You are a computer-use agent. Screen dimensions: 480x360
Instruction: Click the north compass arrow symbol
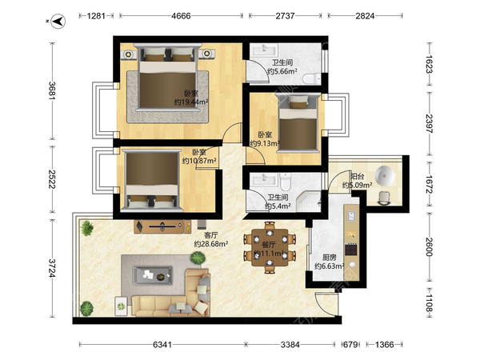(58, 22)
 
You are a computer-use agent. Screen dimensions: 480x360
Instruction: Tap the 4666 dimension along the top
(181, 16)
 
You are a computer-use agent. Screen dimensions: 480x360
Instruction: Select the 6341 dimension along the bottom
(162, 345)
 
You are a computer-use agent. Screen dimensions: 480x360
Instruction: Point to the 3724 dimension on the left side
(52, 268)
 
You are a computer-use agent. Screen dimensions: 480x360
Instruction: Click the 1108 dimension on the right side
(429, 303)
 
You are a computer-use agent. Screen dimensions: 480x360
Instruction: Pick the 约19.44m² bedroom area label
(191, 102)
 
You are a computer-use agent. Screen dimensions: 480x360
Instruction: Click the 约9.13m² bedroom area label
(265, 143)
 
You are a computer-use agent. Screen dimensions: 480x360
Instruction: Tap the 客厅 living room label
(211, 235)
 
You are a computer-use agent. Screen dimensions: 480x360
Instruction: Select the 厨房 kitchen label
(329, 258)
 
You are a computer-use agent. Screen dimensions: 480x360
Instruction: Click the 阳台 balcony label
(358, 176)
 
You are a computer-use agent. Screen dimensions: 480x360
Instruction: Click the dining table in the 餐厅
(270, 247)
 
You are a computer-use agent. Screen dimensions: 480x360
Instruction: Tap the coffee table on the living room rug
(152, 275)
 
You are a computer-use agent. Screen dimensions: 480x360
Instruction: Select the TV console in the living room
(162, 227)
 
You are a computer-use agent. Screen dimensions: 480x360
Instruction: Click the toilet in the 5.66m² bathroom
(312, 78)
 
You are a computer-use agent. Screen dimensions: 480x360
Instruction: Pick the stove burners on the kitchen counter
(351, 250)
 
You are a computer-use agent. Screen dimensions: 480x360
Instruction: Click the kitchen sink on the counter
(351, 216)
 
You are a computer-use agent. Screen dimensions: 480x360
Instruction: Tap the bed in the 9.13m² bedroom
(298, 122)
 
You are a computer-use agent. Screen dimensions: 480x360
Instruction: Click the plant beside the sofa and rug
(198, 258)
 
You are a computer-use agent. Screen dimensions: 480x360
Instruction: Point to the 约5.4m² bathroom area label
(278, 206)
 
